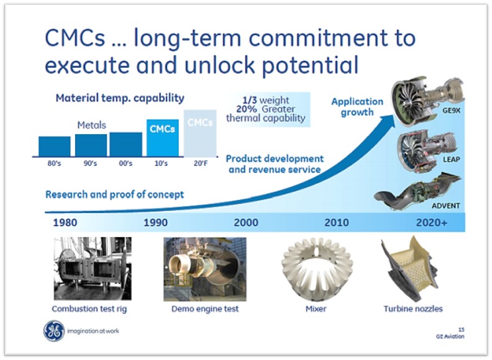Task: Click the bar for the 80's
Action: tap(55, 146)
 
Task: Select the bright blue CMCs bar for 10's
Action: tap(163, 138)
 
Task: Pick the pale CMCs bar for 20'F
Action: tap(200, 133)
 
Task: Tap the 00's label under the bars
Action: tap(125, 163)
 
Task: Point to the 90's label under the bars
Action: tap(90, 163)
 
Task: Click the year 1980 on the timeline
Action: tap(65, 222)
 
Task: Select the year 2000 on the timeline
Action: tap(246, 222)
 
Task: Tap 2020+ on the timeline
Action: tap(432, 222)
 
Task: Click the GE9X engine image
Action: tap(427, 99)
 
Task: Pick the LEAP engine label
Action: tap(451, 160)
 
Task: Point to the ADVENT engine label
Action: tap(445, 205)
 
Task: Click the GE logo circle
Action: tap(54, 331)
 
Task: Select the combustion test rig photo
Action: tap(93, 269)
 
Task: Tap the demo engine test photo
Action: tap(205, 269)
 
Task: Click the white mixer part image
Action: tap(317, 268)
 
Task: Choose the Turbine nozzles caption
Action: tap(413, 309)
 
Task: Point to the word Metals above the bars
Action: tap(91, 125)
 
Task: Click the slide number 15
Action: tap(461, 330)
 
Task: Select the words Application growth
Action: tap(357, 107)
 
